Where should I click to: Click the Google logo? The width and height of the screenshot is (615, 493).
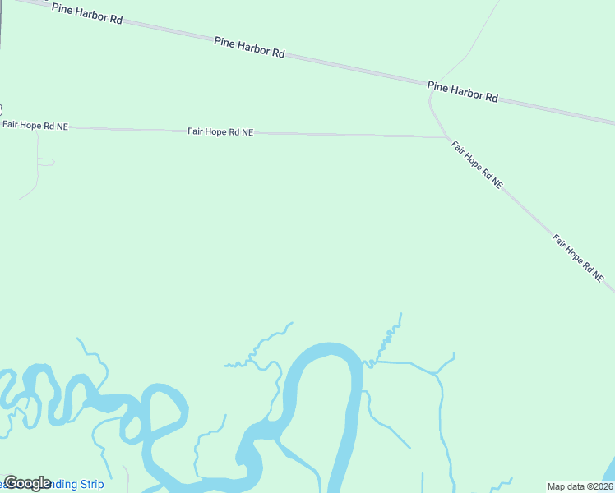(28, 483)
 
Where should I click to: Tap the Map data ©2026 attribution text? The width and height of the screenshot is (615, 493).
(579, 486)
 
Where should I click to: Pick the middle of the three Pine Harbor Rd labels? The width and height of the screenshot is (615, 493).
(249, 46)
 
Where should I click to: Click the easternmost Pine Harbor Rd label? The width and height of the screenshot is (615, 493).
(462, 90)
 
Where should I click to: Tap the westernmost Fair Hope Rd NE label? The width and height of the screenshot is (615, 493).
(35, 126)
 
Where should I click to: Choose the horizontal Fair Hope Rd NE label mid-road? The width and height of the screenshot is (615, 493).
(220, 131)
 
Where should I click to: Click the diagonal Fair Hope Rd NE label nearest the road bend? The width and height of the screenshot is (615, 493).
(477, 164)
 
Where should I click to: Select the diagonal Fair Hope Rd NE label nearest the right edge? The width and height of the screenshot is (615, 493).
(578, 259)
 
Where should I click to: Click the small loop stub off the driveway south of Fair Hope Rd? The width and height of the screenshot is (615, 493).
(47, 162)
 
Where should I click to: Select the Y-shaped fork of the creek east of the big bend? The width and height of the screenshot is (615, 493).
(437, 374)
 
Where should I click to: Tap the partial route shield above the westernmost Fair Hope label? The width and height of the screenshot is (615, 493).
(2, 109)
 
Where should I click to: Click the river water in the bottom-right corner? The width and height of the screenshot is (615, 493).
(609, 472)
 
